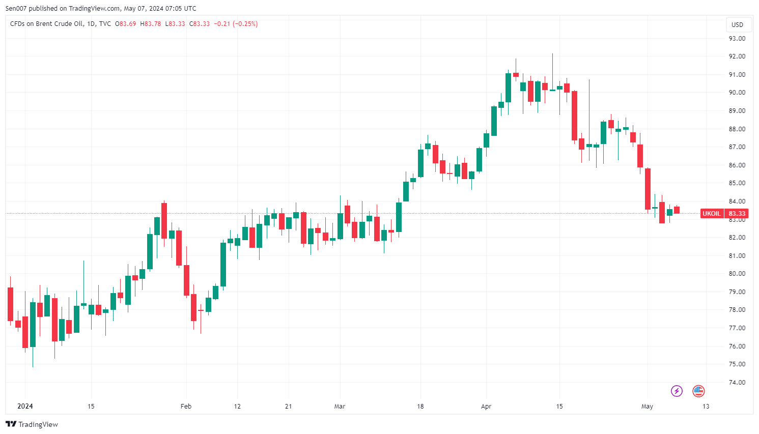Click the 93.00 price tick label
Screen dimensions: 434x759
coord(737,38)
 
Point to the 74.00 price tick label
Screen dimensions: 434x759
coord(737,382)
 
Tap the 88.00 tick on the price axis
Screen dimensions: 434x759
coord(737,129)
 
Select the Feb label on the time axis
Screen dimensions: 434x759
coord(186,406)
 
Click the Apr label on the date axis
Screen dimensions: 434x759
coord(486,406)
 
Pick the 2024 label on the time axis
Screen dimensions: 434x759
coord(25,406)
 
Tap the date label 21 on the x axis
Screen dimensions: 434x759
coord(289,406)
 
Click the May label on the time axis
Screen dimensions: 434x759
coord(647,406)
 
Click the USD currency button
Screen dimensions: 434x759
coord(737,24)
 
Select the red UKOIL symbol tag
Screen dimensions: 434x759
coord(711,214)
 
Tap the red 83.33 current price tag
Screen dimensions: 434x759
coord(737,214)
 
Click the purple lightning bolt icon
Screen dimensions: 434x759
coord(677,391)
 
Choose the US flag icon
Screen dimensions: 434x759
coord(698,391)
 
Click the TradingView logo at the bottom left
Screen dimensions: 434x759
coord(32,424)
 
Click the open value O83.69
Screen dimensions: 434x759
coord(126,24)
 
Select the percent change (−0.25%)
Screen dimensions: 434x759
coord(245,24)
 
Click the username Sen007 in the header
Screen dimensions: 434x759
coord(16,8)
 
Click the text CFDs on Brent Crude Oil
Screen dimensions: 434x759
coord(46,24)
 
